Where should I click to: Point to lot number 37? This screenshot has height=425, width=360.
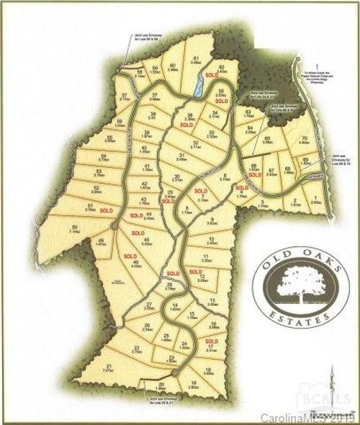pyautogui.click(x=153, y=96)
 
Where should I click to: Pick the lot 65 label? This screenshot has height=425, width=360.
pyautogui.click(x=267, y=138)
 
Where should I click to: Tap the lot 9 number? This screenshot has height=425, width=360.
pyautogui.click(x=214, y=218)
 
